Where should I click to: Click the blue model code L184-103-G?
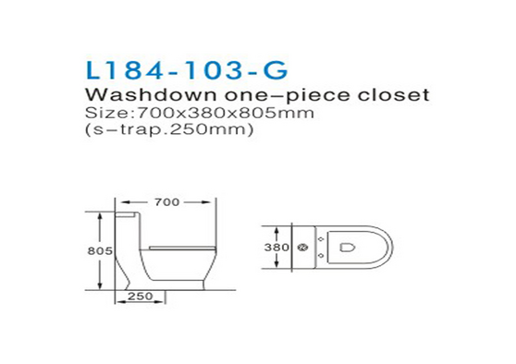(187, 70)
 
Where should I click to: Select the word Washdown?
(151, 95)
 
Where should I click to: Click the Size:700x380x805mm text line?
(200, 113)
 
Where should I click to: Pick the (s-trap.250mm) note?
(169, 129)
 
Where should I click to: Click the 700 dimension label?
(166, 202)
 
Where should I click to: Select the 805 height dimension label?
(100, 251)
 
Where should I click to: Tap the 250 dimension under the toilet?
(141, 297)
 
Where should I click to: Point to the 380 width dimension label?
(276, 248)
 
